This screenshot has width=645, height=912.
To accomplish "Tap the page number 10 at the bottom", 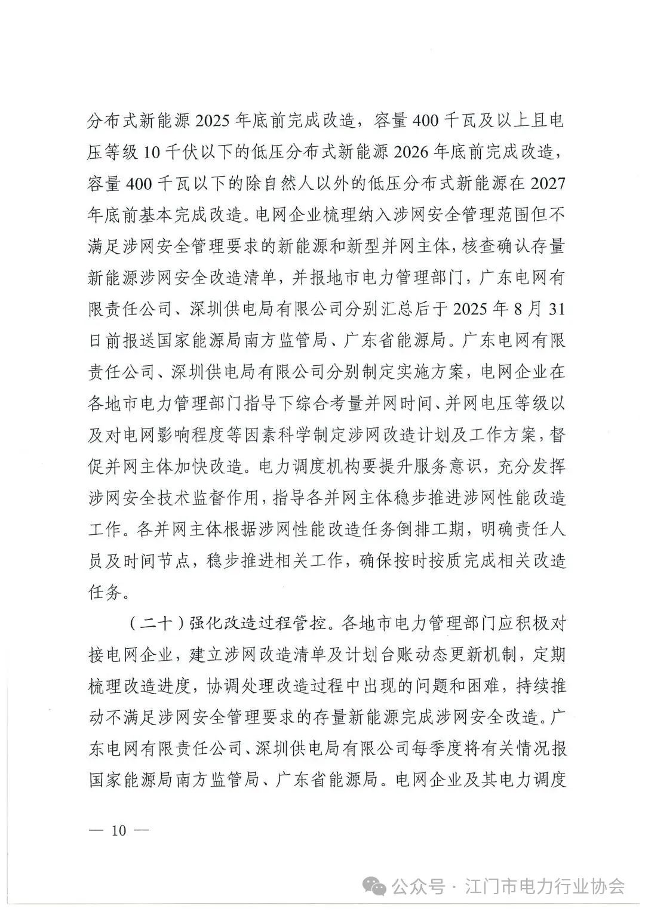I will (x=119, y=830).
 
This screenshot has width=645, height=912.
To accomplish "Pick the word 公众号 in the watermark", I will (x=418, y=886).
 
